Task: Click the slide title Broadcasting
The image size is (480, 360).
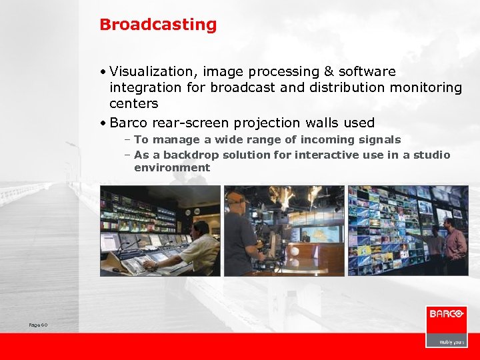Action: pyautogui.click(x=158, y=25)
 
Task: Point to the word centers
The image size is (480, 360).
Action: pyautogui.click(x=133, y=103)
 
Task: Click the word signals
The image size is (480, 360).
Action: pyautogui.click(x=378, y=139)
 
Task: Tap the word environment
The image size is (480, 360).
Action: pyautogui.click(x=172, y=167)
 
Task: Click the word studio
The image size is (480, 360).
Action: pyautogui.click(x=431, y=155)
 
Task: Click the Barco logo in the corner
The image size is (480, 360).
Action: pyautogui.click(x=446, y=314)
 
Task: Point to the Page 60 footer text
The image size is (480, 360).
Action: pyautogui.click(x=38, y=325)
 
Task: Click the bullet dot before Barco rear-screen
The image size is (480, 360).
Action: pyautogui.click(x=104, y=123)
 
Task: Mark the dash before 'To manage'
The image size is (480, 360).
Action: pyautogui.click(x=127, y=139)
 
